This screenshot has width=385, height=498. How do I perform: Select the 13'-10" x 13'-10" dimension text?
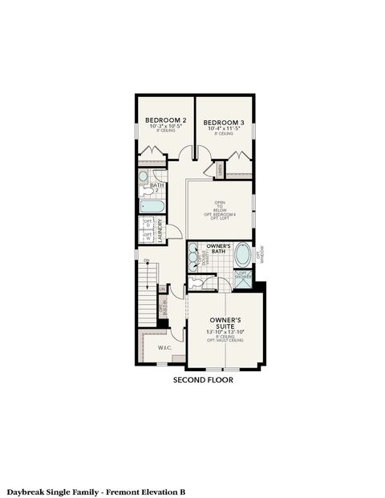click(225, 331)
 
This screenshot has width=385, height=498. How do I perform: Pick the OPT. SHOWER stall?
click(243, 278)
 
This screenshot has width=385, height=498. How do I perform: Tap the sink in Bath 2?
click(144, 176)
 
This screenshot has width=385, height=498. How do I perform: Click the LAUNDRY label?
click(160, 230)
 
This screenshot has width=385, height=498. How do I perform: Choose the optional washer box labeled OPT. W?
click(147, 237)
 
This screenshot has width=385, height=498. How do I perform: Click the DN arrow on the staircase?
click(147, 261)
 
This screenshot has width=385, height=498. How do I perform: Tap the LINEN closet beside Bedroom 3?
click(218, 170)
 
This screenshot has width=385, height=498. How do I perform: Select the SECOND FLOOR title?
click(204, 380)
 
